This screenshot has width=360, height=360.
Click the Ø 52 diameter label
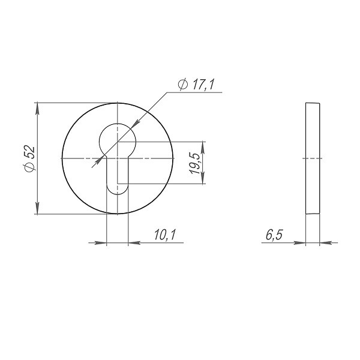[29, 158]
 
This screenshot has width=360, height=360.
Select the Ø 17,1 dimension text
[196, 85]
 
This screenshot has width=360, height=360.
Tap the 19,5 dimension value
[194, 163]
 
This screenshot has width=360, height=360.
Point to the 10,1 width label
[164, 235]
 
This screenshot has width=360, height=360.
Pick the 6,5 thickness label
[274, 235]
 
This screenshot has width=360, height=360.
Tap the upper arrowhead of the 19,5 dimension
[203, 148]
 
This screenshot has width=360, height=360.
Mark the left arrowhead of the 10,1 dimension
[101, 242]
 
